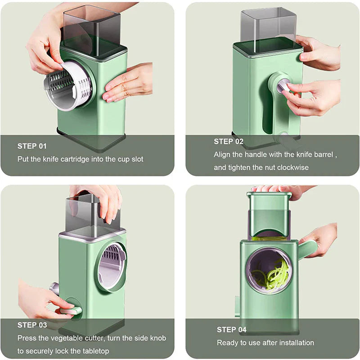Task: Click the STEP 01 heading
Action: click(32, 146)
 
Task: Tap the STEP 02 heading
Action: click(228, 141)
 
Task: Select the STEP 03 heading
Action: click(32, 325)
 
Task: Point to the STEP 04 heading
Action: click(231, 330)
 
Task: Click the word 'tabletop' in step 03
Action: click(94, 351)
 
